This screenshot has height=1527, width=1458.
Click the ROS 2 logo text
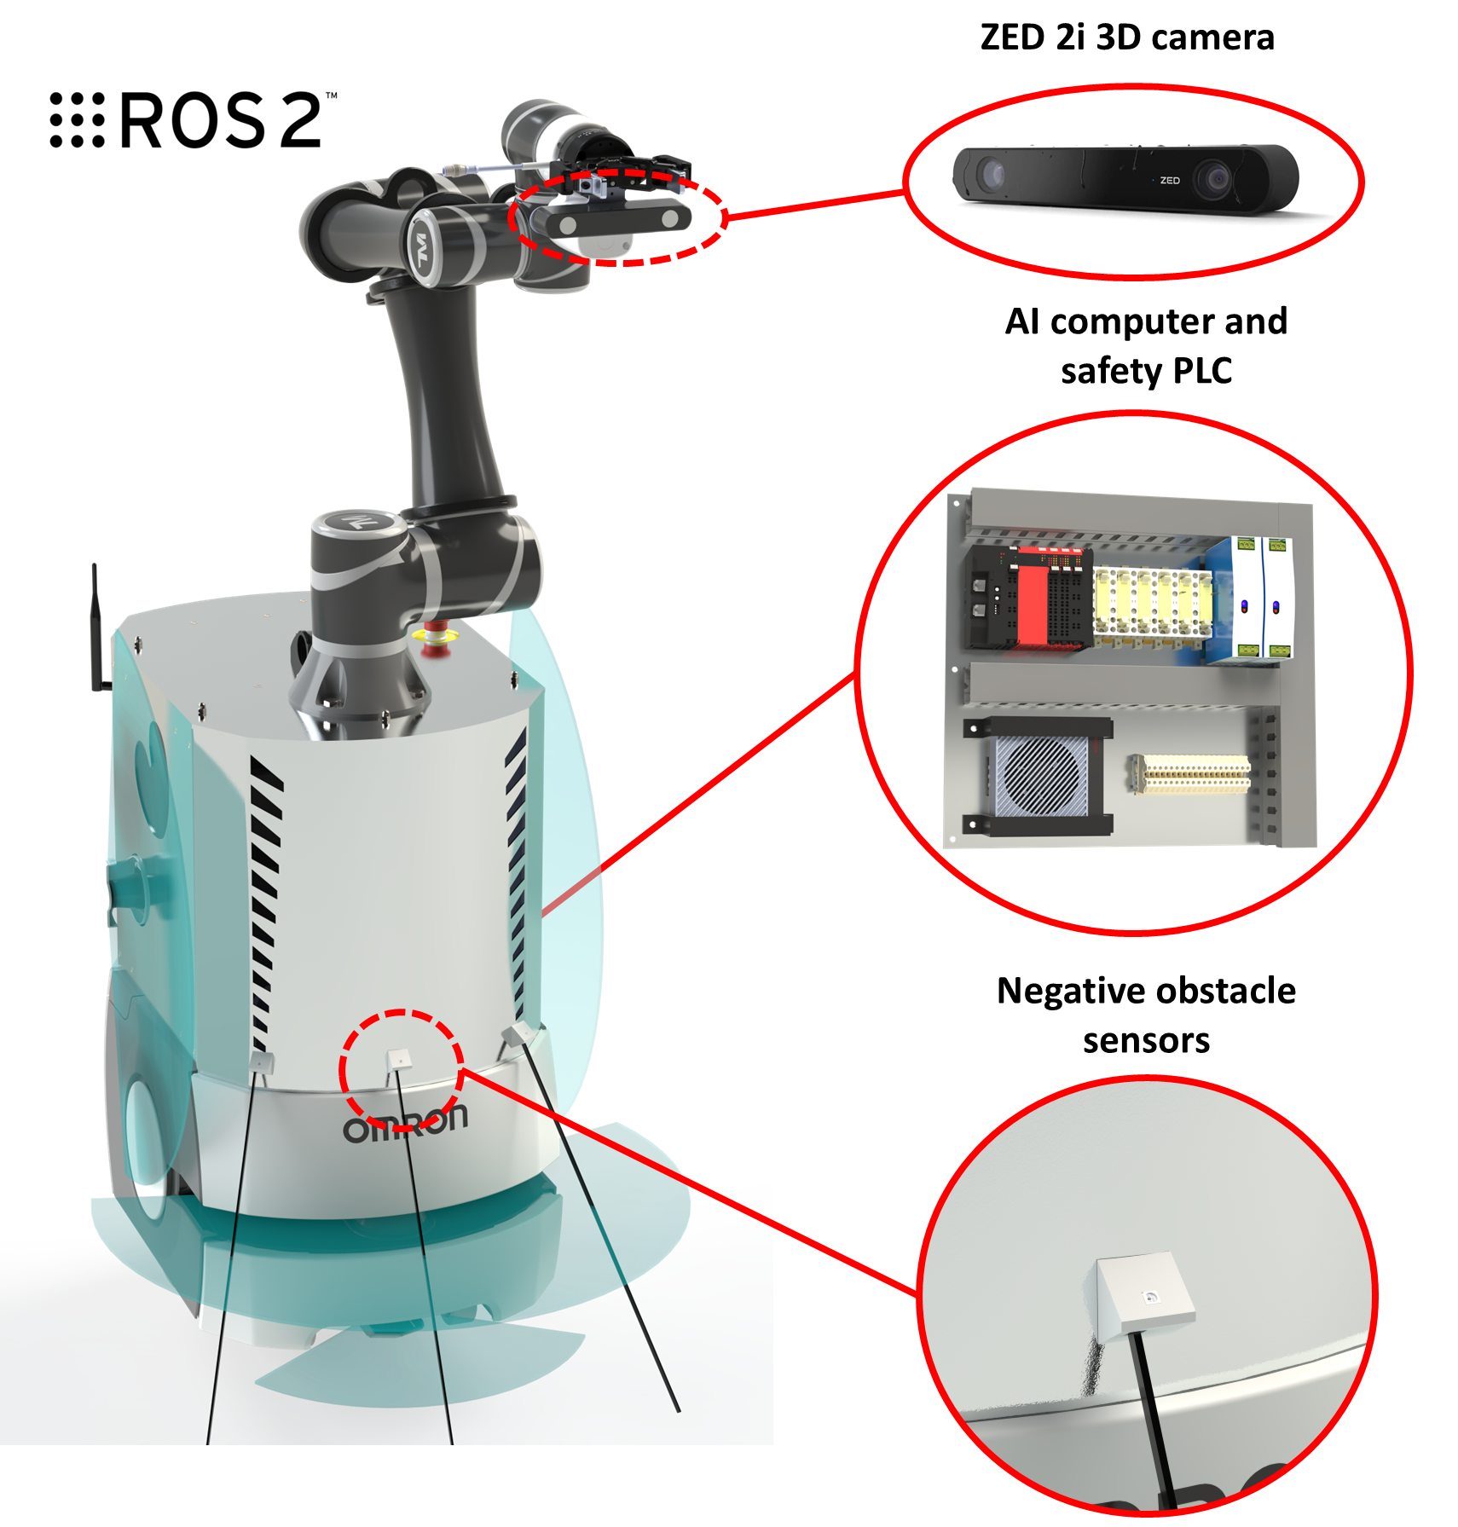click(x=194, y=120)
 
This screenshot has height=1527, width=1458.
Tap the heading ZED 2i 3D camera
click(x=1126, y=38)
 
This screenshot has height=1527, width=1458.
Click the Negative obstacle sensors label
click(x=1146, y=1015)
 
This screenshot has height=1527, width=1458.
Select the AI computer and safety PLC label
click(x=1146, y=345)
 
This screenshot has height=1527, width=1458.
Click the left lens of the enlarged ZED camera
click(x=992, y=175)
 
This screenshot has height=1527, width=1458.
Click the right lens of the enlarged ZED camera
click(x=1213, y=179)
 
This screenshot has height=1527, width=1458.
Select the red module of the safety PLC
click(x=1032, y=601)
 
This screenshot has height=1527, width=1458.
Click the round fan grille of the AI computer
click(x=1041, y=774)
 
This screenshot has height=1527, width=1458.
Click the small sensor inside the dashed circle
click(x=399, y=1061)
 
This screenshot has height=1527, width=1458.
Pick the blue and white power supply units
click(x=1250, y=599)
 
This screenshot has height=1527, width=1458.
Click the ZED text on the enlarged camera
click(x=1170, y=181)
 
